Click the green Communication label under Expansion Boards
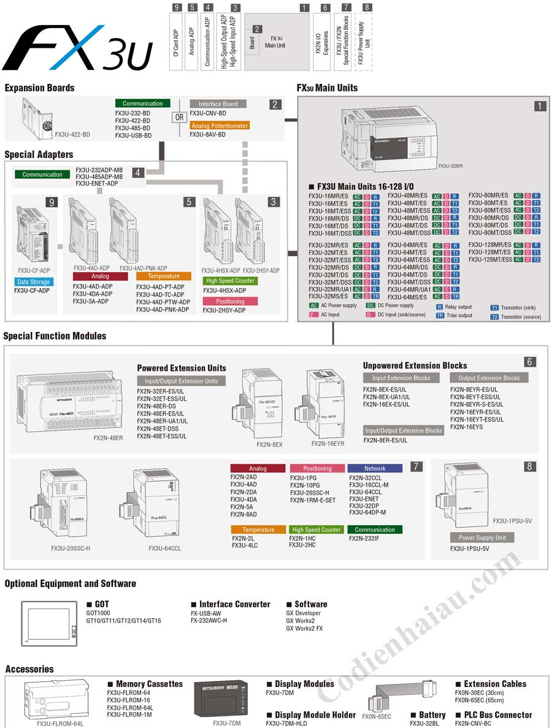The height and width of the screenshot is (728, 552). coord(142,104)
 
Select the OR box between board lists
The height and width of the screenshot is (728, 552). coord(179,117)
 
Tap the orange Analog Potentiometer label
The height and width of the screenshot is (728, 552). coord(219,126)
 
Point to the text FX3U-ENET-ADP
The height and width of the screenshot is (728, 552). coord(96,183)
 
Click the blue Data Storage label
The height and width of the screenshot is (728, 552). coord(34,282)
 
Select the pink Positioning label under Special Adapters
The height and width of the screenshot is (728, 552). coord(230,301)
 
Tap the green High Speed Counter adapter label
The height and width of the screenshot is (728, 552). coord(230,281)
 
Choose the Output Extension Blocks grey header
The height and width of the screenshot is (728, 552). coord(489,378)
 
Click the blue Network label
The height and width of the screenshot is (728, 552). coord(375,468)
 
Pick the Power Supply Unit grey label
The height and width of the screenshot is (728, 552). coord(482,537)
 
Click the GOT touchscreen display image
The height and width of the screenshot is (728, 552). coord(50,623)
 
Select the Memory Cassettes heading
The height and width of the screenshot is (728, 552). coord(149,684)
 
